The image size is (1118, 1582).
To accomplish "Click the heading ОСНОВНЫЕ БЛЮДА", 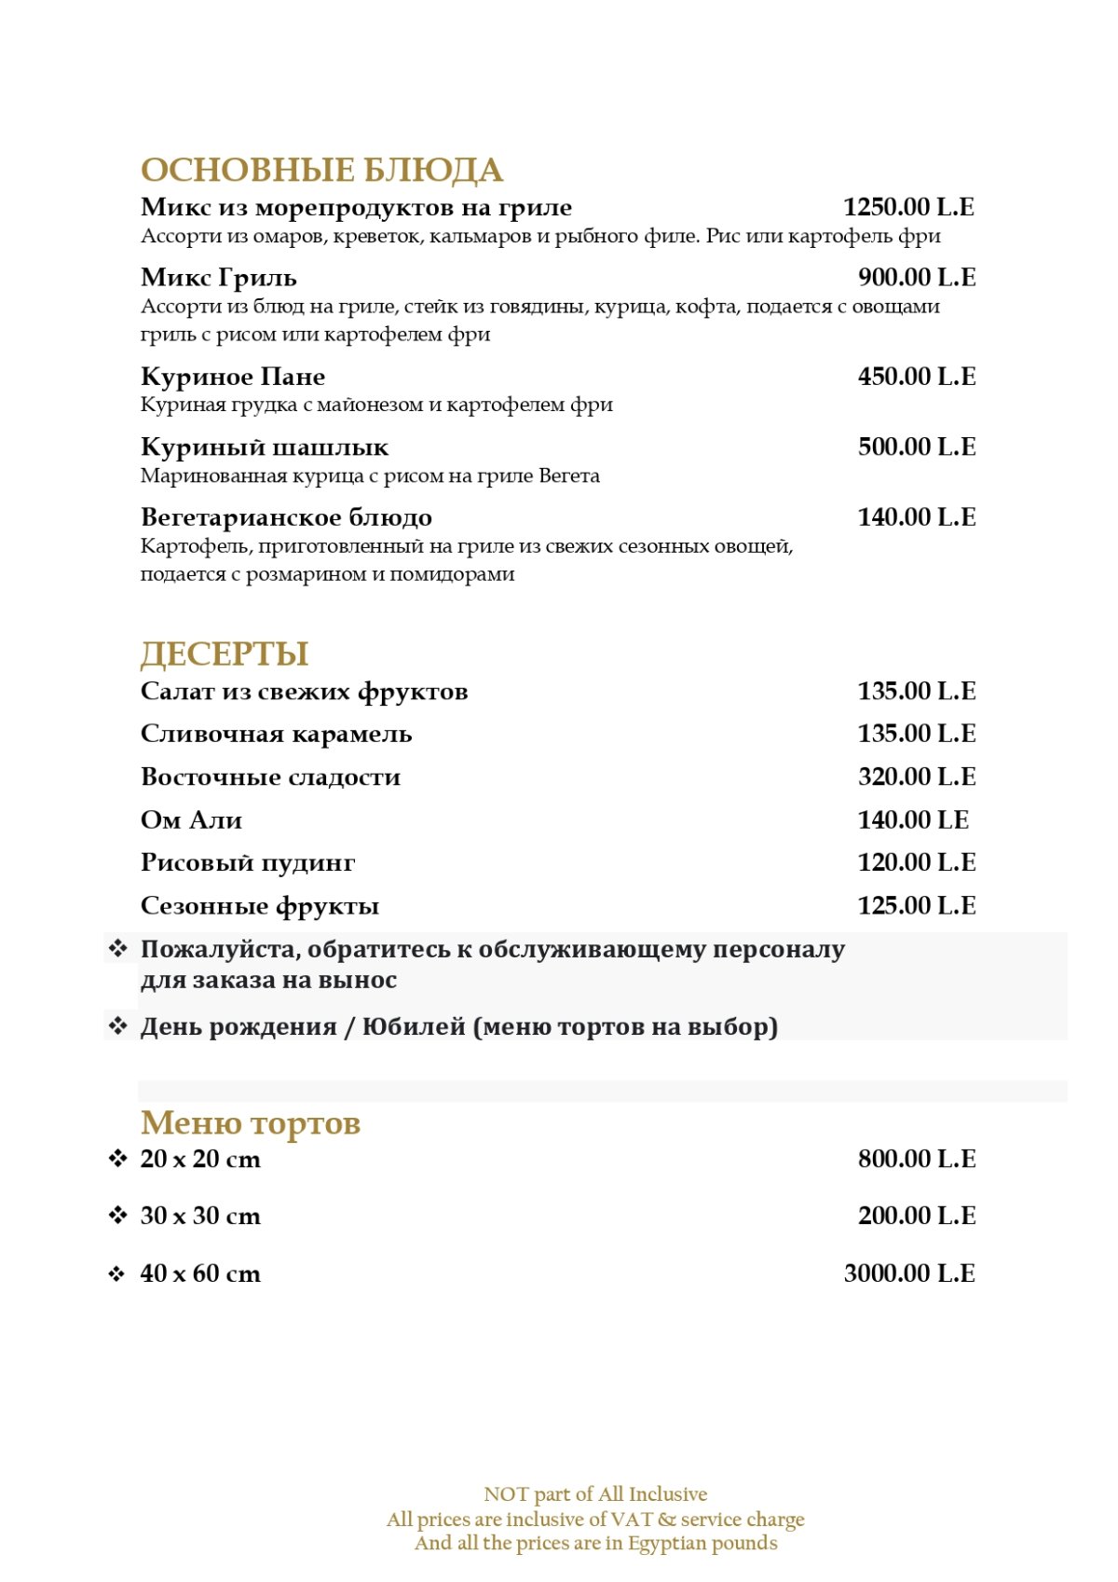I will point(321,171).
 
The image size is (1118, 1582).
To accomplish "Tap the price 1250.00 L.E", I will point(908,207).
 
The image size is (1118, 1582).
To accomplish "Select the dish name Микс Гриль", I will point(219,278).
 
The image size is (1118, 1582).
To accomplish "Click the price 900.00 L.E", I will point(916,278).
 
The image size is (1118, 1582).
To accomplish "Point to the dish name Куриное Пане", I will point(233,377).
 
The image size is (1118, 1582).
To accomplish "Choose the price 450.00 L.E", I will point(916,377).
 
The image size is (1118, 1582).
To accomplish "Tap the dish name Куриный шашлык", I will point(265,447).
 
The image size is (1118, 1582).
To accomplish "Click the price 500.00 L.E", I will point(916,447).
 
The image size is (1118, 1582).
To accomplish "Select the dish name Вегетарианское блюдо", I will point(286,517).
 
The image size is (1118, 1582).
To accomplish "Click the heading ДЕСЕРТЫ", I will point(225,653).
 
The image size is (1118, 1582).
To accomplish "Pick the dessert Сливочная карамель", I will point(276,735).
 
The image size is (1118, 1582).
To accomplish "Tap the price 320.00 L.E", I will point(916,777).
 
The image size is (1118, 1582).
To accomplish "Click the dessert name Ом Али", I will point(191,820).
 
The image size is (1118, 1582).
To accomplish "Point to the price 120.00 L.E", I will point(916,862).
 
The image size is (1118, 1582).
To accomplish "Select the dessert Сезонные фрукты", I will point(260,906).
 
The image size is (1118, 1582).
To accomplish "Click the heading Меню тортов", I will point(250,1123).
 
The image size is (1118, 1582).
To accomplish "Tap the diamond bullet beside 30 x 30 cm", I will point(117,1216).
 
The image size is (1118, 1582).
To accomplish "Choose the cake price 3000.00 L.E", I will point(908,1273).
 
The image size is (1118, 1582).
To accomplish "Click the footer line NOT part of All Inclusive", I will point(595,1494).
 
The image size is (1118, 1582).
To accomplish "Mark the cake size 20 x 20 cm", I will point(200,1160).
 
